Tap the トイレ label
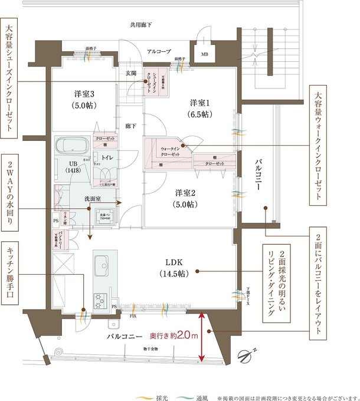pos(107,157)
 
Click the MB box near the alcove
pos(204,55)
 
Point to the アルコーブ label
pos(159,52)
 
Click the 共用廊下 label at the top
pos(141,25)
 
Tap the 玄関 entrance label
pos(130,73)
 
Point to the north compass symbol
pos(246,356)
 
